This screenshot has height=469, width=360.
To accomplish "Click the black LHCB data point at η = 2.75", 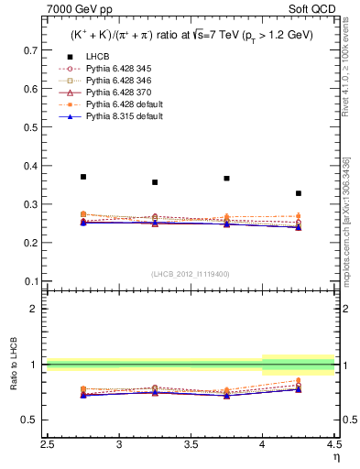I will tap(83, 177).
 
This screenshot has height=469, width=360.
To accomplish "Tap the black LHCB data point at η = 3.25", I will tap(155, 182).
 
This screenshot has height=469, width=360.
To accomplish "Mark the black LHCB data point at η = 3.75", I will tap(226, 179).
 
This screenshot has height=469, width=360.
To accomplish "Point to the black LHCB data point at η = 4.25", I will tap(299, 193).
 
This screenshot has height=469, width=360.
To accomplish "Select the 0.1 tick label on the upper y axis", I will tap(31, 281).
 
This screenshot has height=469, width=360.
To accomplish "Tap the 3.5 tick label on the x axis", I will tap(191, 445).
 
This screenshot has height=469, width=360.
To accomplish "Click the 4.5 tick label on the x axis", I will tap(333, 445).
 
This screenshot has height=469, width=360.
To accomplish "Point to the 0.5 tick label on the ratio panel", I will tap(31, 420).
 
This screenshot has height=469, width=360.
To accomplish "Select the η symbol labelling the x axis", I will tap(336, 457).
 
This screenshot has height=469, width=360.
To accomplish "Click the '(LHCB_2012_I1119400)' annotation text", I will tap(191, 273).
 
